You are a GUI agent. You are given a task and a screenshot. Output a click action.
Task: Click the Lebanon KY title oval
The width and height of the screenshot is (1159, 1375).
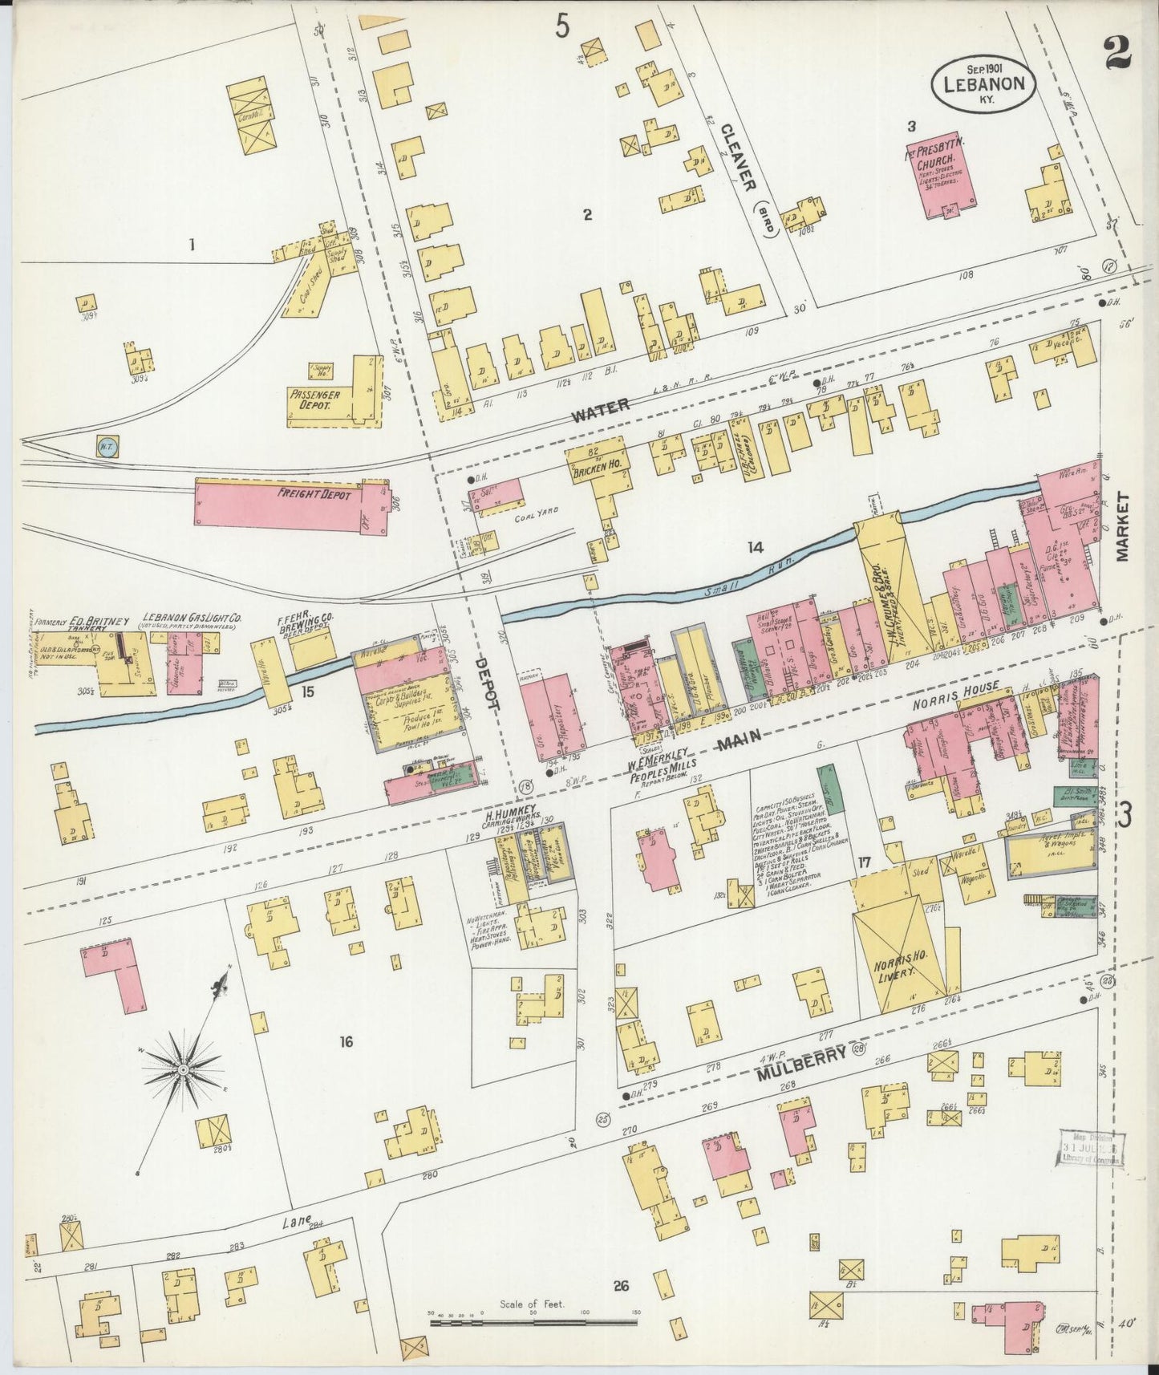tap(983, 82)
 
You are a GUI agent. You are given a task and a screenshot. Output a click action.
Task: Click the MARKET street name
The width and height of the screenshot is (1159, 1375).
tap(1122, 527)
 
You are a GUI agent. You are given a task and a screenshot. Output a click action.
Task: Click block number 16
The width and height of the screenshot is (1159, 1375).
tap(346, 1042)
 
